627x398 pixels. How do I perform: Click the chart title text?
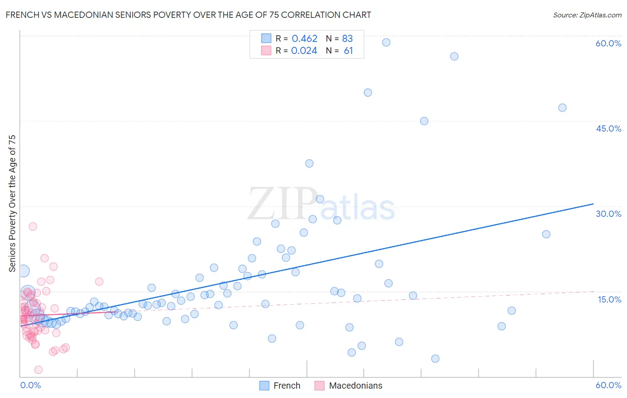click(188, 15)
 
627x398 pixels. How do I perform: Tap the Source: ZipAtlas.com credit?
click(587, 15)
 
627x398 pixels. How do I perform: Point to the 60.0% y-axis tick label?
click(608, 43)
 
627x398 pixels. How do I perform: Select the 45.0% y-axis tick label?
click(608, 129)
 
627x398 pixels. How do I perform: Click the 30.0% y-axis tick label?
click(608, 214)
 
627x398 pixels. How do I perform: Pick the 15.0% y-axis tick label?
click(609, 299)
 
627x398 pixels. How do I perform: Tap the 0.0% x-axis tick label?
click(30, 385)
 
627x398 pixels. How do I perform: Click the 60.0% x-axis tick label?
click(608, 385)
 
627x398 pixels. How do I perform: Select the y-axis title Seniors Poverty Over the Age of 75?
click(12, 203)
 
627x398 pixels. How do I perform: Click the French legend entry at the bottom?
click(287, 386)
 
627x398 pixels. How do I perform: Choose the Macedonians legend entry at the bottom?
click(355, 386)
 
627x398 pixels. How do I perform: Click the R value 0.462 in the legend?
click(305, 39)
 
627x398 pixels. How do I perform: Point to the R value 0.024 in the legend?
click(304, 51)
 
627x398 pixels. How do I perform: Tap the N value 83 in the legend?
click(347, 39)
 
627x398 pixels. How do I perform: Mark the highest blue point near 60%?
click(386, 42)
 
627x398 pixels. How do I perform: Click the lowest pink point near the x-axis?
click(38, 370)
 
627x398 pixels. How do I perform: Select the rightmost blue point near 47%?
click(562, 108)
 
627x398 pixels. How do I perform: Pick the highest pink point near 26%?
click(33, 226)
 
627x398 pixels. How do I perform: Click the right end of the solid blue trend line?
click(593, 204)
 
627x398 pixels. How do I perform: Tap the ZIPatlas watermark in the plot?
click(321, 204)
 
